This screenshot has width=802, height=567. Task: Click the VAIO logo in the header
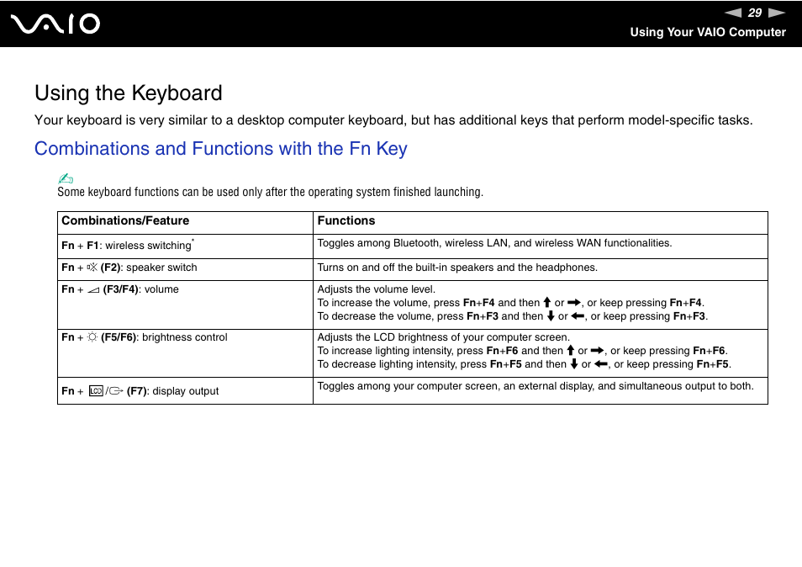56,24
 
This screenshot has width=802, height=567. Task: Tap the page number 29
754,13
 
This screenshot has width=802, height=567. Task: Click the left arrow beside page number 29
732,13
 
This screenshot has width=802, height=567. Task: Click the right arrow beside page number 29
776,13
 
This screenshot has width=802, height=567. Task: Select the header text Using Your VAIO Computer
708,32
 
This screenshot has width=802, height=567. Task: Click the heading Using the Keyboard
129,93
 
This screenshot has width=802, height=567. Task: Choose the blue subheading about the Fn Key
220,149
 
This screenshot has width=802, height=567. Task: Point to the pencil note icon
66,178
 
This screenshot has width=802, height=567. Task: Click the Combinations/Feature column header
125,221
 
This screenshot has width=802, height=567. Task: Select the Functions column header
346,221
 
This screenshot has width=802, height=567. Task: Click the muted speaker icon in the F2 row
92,268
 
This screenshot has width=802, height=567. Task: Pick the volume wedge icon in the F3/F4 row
92,289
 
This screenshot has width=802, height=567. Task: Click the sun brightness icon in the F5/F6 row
92,337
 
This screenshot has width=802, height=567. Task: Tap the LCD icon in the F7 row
95,391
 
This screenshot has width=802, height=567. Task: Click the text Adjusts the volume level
376,289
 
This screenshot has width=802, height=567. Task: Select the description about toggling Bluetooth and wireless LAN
494,243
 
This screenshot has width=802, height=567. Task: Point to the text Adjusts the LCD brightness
443,337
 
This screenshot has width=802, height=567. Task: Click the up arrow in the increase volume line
546,303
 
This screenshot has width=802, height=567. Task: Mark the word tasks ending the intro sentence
734,120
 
